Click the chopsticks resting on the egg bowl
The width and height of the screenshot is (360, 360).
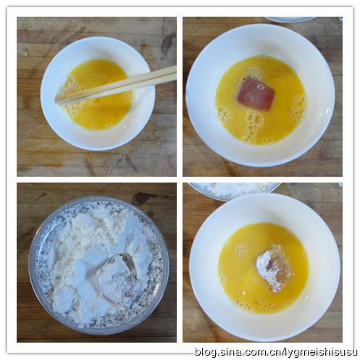116,85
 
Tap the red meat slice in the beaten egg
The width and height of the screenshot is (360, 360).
256,93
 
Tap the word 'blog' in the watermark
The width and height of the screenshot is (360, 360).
206,352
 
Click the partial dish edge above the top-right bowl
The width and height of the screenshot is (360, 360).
290,20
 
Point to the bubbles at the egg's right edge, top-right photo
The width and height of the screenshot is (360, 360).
299,109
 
